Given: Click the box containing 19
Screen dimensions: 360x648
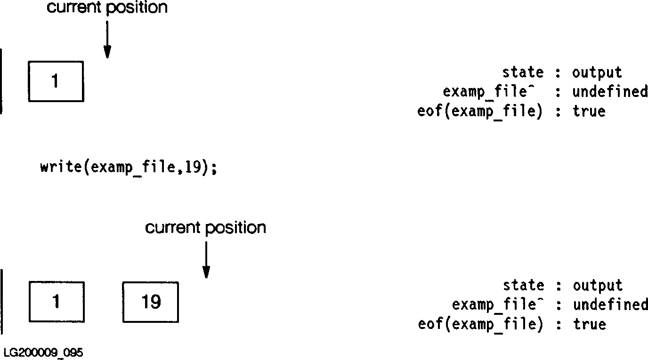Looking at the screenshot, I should [151, 302].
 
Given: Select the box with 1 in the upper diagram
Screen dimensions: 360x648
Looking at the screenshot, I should [56, 81].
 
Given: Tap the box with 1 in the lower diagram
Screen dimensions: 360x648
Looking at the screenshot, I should [57, 302].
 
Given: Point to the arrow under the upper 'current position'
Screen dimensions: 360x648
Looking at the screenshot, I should [107, 40].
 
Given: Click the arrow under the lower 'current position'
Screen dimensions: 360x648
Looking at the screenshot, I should [206, 260].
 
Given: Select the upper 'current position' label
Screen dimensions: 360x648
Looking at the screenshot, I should [107, 8].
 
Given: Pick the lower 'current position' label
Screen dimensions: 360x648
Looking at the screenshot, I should [205, 228].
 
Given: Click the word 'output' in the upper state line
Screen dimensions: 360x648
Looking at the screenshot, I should [597, 72].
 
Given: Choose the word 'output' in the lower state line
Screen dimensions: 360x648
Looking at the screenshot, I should [598, 286].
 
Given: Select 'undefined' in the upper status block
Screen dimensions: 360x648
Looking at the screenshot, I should [610, 92].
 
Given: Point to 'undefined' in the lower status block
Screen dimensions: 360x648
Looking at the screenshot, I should [610, 305].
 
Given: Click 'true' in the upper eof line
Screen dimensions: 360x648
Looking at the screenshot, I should [589, 111].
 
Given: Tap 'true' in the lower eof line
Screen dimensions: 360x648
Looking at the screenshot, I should [589, 324].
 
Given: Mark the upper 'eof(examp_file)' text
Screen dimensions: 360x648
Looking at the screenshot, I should [480, 112].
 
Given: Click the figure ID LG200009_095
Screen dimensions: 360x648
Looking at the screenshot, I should [43, 353].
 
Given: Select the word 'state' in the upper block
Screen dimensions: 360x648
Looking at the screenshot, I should [523, 72].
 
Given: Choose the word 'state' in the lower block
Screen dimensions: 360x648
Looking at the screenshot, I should [523, 286].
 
